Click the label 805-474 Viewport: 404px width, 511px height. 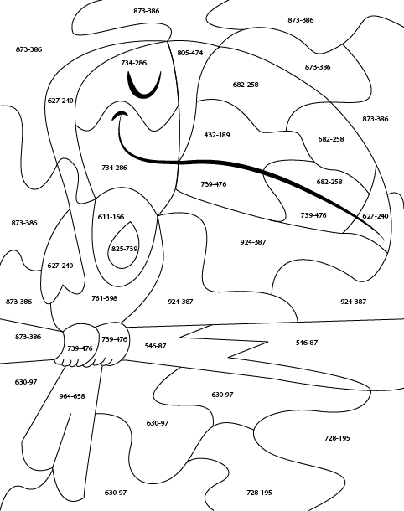point(190,53)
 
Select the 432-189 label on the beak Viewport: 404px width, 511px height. point(217,135)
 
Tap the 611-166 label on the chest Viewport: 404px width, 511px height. point(111,217)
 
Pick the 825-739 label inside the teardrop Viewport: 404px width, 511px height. point(125,249)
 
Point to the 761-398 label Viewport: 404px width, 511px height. point(104,298)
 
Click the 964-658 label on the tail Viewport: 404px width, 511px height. point(72,396)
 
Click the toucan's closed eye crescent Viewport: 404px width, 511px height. point(144,85)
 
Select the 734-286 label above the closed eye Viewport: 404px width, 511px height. point(133,63)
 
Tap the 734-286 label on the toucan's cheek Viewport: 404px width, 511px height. point(114,168)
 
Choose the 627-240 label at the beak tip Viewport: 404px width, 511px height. point(376,216)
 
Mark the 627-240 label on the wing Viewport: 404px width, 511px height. point(60,266)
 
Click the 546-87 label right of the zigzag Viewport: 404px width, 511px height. point(307,343)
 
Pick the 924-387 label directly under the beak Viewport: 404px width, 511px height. point(253,242)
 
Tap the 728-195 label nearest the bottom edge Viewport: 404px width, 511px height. point(259,493)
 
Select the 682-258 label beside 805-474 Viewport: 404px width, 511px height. point(246,85)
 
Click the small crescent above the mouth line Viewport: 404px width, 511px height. point(120,115)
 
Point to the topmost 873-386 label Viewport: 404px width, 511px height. point(147,11)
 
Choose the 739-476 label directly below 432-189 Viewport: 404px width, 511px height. point(214,184)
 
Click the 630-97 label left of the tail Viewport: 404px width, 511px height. point(26,382)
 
